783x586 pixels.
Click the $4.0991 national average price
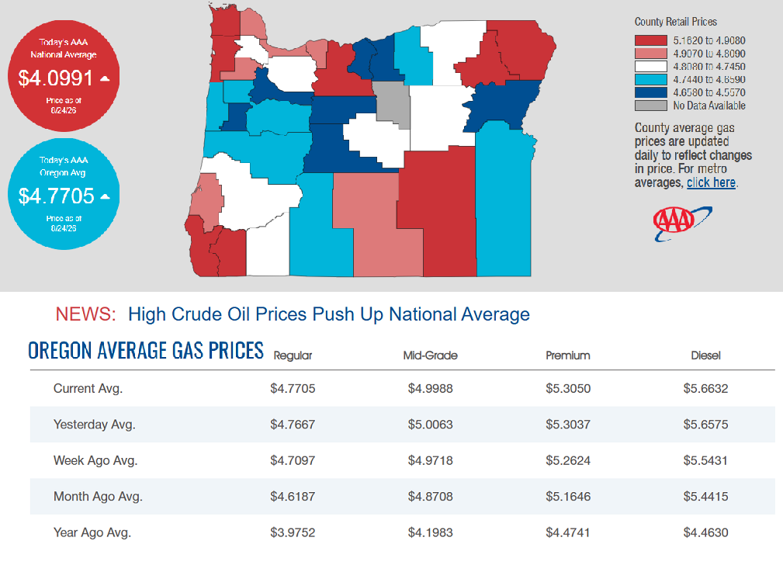click(x=55, y=78)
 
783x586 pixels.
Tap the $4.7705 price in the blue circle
click(x=56, y=196)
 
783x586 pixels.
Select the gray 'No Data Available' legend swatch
click(x=650, y=106)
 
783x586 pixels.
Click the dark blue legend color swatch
click(x=650, y=92)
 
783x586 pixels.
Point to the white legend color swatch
click(x=650, y=67)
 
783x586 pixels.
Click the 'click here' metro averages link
click(x=711, y=183)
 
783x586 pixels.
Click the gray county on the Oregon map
click(x=392, y=104)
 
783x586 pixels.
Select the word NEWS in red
click(x=85, y=314)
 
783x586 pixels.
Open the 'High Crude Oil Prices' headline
click(x=328, y=314)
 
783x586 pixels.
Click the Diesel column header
click(x=705, y=355)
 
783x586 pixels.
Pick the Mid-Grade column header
click(x=430, y=355)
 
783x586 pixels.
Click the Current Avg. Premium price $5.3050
click(x=568, y=389)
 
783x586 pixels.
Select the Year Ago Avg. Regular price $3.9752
click(x=293, y=532)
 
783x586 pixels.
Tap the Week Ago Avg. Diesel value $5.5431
click(x=705, y=460)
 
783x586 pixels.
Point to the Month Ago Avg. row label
click(x=98, y=497)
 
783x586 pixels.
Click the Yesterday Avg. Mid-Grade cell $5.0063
click(x=430, y=425)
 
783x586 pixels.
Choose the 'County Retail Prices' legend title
click(x=676, y=22)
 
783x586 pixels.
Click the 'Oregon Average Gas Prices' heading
click(x=146, y=351)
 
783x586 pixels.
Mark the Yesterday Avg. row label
click(x=95, y=425)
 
